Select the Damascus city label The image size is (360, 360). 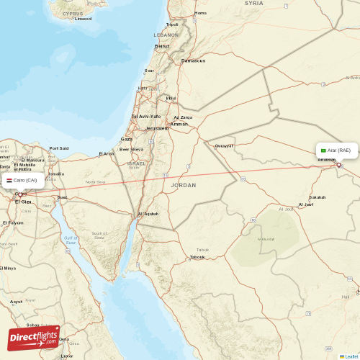[193, 60]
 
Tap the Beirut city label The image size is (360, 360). [162, 46]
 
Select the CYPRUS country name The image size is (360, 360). [72, 14]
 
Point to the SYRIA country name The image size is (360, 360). [253, 3]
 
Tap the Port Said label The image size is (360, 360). [59, 148]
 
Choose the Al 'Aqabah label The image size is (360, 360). [148, 214]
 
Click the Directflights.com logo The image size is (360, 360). [33, 337]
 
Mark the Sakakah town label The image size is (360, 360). [317, 197]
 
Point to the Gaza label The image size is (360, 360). [127, 139]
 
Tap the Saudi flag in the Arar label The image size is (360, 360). [323, 150]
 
